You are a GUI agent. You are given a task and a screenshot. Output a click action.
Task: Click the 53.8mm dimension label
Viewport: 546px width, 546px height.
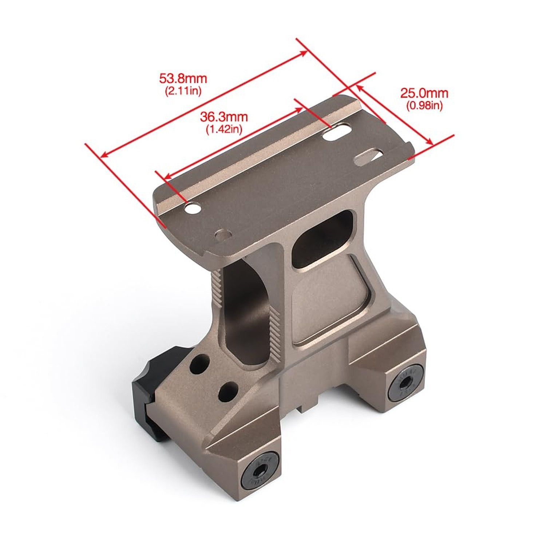click(183, 78)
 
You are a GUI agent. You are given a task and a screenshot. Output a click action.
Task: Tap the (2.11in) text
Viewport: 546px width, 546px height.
click(183, 91)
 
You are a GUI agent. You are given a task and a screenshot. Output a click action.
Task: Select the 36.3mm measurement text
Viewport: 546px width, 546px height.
click(224, 117)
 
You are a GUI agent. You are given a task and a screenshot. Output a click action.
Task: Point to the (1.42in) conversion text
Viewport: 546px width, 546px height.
click(224, 129)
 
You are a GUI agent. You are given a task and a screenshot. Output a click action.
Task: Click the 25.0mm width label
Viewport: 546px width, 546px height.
click(424, 93)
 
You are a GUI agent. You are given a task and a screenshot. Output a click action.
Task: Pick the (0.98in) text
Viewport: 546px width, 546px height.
click(424, 106)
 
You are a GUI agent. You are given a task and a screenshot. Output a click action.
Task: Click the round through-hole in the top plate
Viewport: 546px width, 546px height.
click(193, 208)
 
